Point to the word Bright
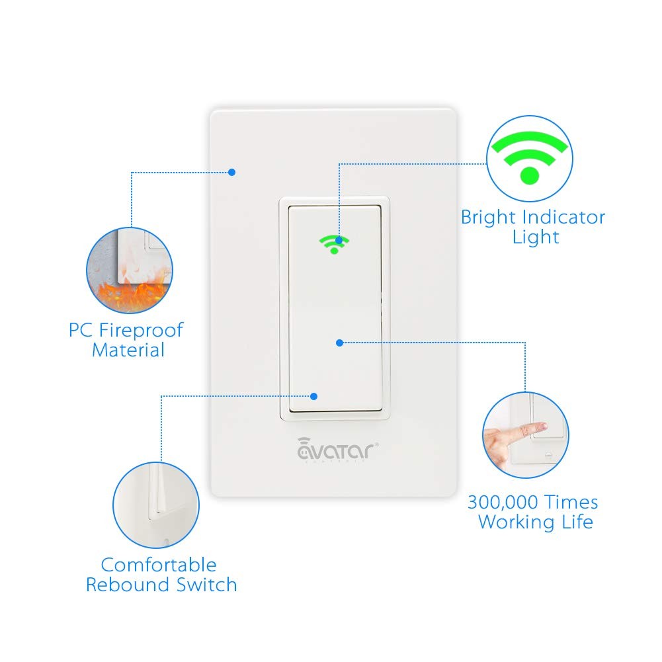[489, 217]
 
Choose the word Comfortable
[159, 565]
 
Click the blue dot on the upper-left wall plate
[231, 172]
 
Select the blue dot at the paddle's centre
[339, 343]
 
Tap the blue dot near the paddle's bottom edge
[314, 396]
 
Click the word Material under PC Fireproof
[128, 349]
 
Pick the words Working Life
[536, 522]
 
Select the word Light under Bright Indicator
[536, 237]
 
